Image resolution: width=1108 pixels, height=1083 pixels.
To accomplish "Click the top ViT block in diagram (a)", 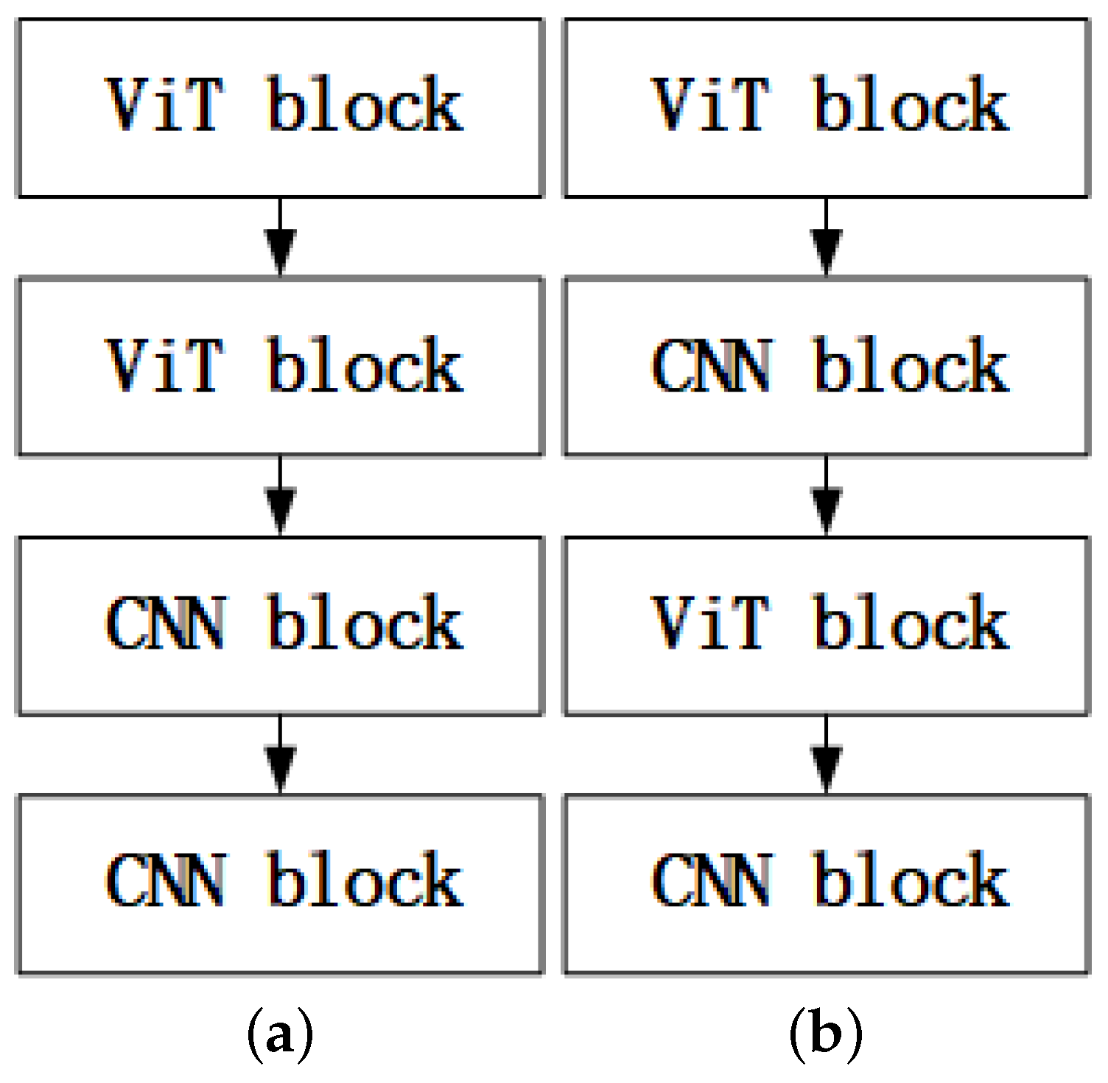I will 280,107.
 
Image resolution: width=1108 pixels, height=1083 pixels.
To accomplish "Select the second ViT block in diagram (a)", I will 280,366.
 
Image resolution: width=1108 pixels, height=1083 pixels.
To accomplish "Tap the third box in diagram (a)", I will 280,625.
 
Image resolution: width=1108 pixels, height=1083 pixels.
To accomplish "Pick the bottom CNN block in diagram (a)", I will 280,883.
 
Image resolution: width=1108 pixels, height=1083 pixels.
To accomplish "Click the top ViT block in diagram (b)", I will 827,107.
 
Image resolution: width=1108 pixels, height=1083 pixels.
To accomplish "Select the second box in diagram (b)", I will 827,366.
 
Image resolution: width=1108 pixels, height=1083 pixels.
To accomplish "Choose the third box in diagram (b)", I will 827,625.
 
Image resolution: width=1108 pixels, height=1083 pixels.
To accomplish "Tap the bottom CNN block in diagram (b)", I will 827,883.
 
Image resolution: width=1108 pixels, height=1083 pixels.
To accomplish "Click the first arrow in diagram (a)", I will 280,237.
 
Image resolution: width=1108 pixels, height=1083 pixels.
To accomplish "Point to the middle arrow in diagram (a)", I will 280,496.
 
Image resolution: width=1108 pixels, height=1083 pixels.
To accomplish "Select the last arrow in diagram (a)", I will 280,755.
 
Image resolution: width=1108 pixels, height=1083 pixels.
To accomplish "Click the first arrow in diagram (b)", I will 827,237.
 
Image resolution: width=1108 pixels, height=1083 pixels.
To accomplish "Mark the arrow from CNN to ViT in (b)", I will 827,496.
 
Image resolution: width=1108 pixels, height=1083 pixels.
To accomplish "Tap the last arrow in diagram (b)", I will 827,755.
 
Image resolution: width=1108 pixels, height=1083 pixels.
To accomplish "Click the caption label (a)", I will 280,1035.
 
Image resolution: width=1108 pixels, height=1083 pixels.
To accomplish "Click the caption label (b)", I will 826,1035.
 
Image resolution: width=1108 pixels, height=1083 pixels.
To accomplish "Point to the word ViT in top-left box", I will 164,105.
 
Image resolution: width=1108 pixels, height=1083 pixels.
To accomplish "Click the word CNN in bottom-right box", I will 712,881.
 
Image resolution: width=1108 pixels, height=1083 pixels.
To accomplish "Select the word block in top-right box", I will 911,105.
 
